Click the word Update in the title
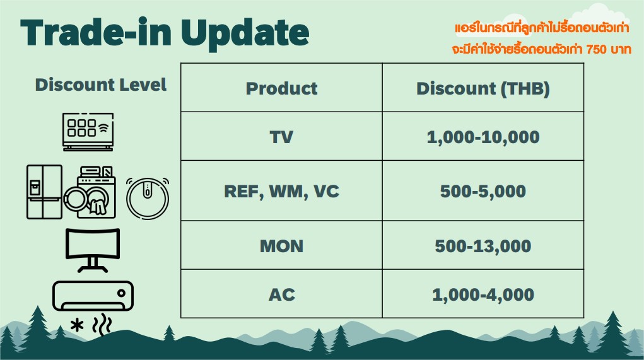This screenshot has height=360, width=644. (x=245, y=33)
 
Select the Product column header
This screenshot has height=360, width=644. (x=282, y=88)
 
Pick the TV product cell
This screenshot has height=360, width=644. (x=282, y=137)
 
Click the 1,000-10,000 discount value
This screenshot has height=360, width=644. (x=483, y=137)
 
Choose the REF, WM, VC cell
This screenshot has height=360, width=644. (x=282, y=191)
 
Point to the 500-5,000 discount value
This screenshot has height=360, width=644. (x=483, y=191)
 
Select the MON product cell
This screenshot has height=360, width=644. (x=282, y=246)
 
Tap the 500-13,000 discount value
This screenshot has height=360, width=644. (x=483, y=247)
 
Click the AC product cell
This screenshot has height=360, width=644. (x=282, y=294)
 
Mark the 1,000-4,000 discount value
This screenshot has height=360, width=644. (x=483, y=294)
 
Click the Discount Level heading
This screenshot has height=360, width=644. (x=101, y=84)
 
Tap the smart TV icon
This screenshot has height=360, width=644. (x=88, y=132)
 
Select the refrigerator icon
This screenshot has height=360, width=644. (x=44, y=192)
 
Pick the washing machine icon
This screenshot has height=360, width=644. (x=90, y=192)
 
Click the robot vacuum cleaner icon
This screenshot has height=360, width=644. (x=148, y=198)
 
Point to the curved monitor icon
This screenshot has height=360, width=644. (x=93, y=250)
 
